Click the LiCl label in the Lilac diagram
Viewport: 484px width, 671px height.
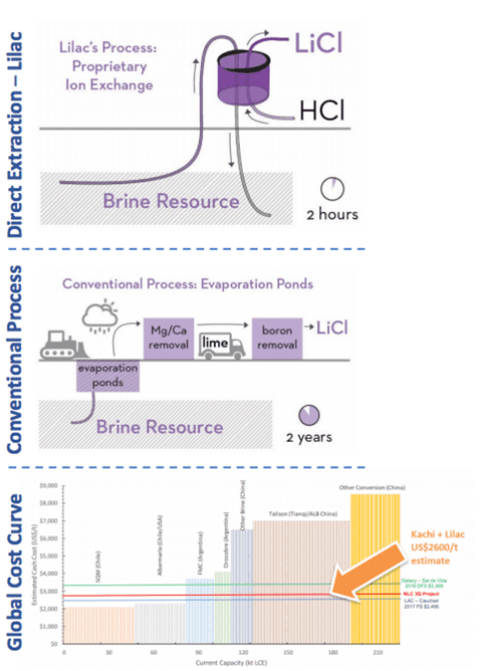319,45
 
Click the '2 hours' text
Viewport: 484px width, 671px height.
332,213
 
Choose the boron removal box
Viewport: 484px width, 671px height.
276,338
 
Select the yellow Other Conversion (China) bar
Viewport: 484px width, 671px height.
375,566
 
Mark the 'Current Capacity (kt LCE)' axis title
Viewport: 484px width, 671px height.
232,662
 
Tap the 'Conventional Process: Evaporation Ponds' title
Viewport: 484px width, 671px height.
188,284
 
